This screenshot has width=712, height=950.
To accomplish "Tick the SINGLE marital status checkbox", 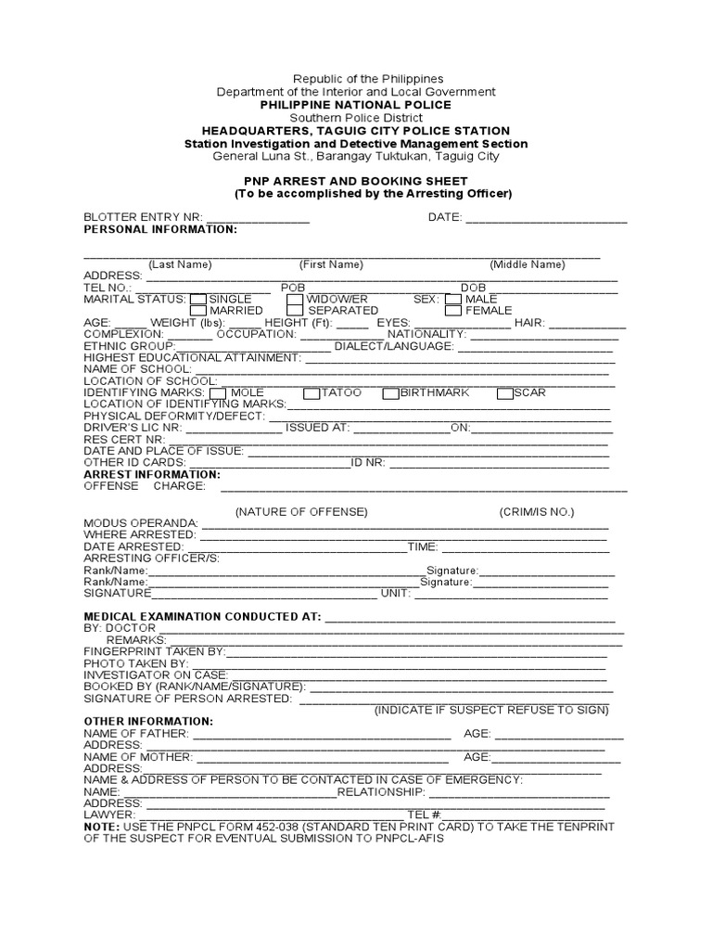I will point(198,300).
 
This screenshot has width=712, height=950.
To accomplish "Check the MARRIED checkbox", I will point(198,311).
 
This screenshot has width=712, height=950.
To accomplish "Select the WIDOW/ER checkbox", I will point(295,300).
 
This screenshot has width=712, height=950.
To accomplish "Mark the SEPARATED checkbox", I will point(295,311).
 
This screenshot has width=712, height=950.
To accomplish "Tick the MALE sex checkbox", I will point(452,300).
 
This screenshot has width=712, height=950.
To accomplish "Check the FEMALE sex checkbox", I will point(452,311).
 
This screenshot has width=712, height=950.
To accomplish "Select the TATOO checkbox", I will point(311,393).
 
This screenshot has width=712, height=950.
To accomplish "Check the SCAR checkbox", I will point(505,393).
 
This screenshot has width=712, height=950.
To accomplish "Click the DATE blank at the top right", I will point(546,219).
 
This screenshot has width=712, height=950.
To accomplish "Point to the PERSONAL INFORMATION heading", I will point(160,229).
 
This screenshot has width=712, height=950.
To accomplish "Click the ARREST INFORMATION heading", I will point(152,474).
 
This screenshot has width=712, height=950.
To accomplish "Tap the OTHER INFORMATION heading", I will point(148,721).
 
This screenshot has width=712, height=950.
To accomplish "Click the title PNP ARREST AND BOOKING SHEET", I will point(356,181).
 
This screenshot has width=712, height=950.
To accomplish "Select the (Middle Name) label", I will point(527,264).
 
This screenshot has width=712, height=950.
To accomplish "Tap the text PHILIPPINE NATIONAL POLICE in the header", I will point(356,105).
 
